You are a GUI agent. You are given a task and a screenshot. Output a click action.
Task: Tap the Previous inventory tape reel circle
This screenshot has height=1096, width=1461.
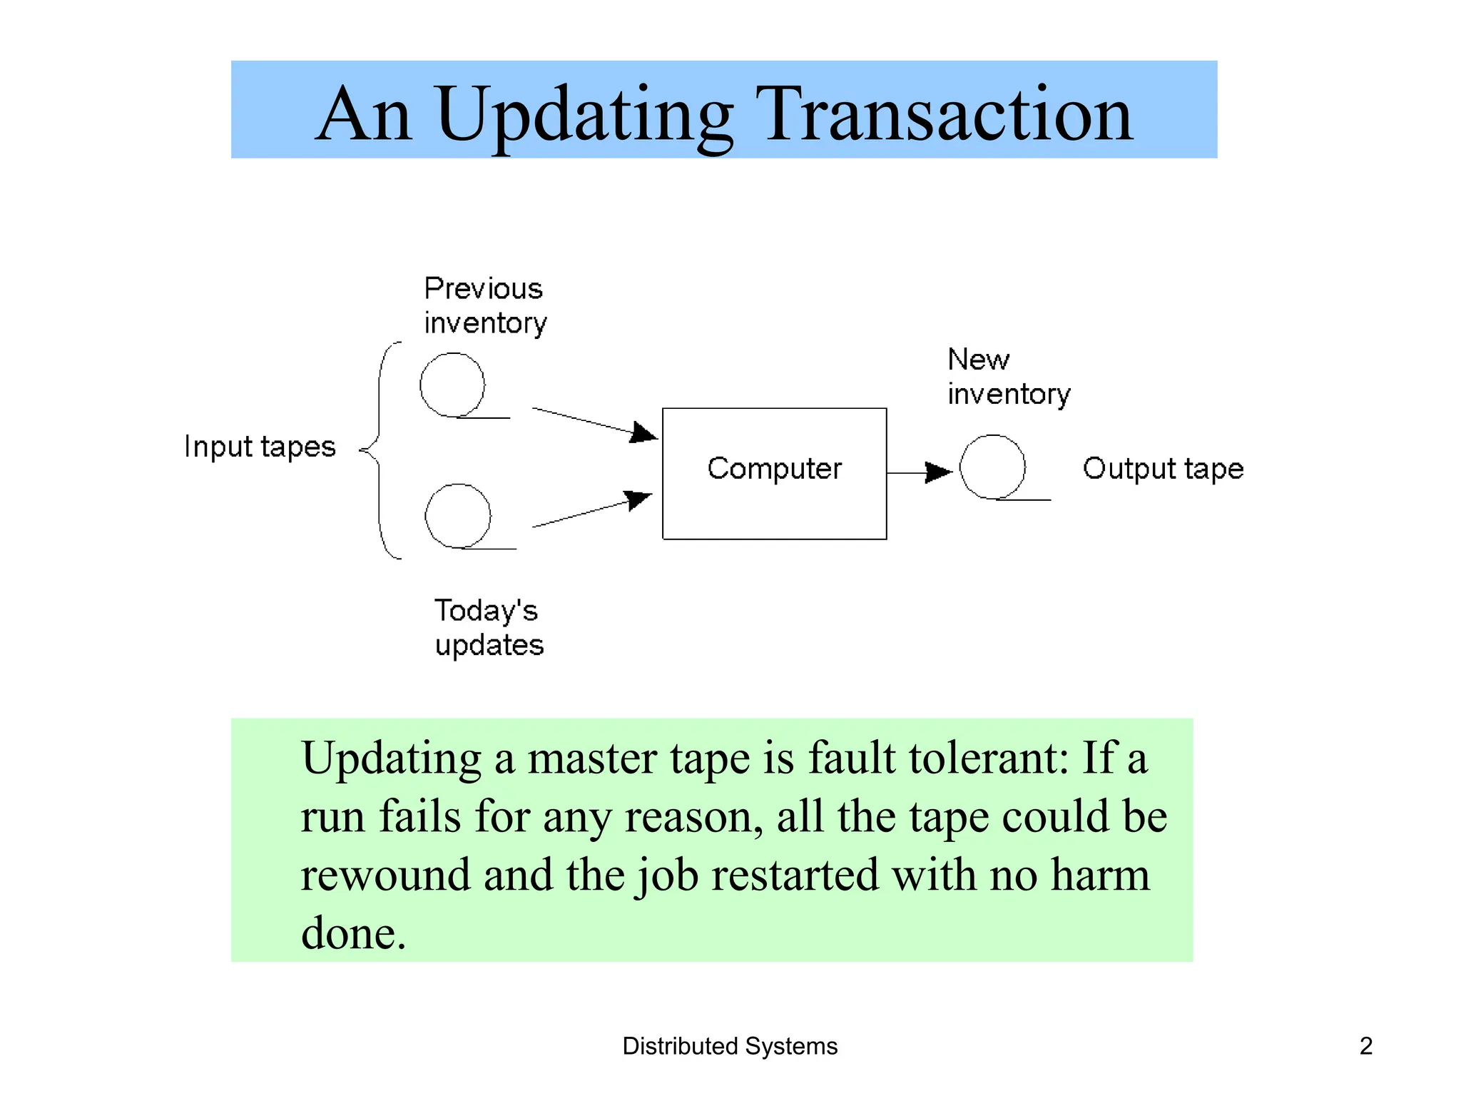452,385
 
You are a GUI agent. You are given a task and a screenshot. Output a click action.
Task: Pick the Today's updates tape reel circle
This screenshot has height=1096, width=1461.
458,516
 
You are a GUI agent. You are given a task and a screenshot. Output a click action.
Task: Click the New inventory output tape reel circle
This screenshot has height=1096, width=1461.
992,467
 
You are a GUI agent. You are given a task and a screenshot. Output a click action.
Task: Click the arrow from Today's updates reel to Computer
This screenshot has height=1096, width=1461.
592,510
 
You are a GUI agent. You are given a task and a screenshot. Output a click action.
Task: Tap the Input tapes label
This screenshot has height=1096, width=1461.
260,447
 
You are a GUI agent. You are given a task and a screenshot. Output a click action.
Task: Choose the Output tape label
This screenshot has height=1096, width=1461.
1163,469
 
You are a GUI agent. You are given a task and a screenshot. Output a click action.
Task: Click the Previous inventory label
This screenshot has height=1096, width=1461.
485,305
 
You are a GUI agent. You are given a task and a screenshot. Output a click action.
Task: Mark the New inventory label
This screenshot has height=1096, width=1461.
1008,377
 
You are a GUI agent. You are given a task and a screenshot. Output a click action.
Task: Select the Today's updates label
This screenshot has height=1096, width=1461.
489,628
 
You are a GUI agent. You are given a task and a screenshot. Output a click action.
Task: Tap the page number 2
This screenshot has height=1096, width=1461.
1365,1046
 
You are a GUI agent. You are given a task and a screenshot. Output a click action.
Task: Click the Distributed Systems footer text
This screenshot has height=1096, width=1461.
730,1046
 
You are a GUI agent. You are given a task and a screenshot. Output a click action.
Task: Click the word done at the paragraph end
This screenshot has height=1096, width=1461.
353,933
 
